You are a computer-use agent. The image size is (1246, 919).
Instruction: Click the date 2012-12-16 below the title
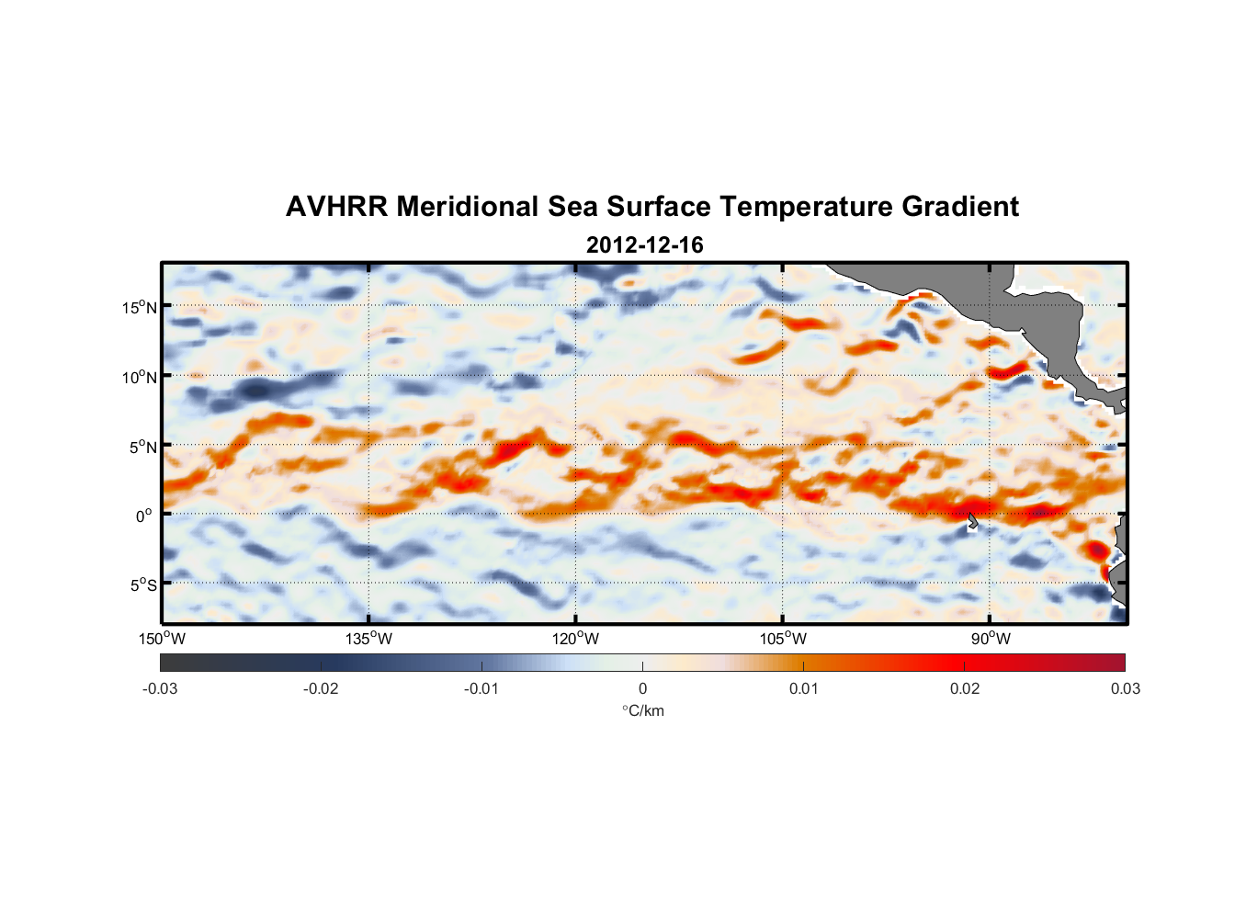coord(644,245)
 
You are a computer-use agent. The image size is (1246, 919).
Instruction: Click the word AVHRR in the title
coord(335,207)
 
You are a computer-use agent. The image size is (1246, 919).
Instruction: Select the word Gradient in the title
coord(959,207)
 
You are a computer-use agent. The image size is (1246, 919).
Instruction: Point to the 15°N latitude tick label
coord(140,307)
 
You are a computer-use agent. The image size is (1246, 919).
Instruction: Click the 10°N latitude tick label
coord(140,377)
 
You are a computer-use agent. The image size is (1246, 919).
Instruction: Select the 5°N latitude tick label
coord(142,447)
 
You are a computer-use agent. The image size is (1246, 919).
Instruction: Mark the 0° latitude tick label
coord(144,516)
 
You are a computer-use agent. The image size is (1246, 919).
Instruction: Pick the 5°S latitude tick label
coord(142,584)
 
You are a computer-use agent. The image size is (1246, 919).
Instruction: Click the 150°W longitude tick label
coord(162,639)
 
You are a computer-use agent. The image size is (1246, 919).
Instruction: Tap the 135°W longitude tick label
coord(368,639)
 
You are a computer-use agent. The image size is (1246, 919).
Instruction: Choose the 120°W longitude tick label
coord(575,639)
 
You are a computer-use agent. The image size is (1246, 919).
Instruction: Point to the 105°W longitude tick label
coord(783,639)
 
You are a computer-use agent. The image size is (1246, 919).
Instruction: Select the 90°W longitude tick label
coord(991,639)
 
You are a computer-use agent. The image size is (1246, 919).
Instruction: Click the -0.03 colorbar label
coord(160,688)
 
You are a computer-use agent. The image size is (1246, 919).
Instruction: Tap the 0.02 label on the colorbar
coord(965,688)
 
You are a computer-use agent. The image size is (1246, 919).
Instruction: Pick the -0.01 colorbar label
coord(481,688)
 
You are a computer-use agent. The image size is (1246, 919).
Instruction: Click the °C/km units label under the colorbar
coord(643,710)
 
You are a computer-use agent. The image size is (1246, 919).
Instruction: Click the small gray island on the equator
coord(973,521)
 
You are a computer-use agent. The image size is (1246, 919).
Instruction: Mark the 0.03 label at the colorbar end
coord(1125,688)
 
